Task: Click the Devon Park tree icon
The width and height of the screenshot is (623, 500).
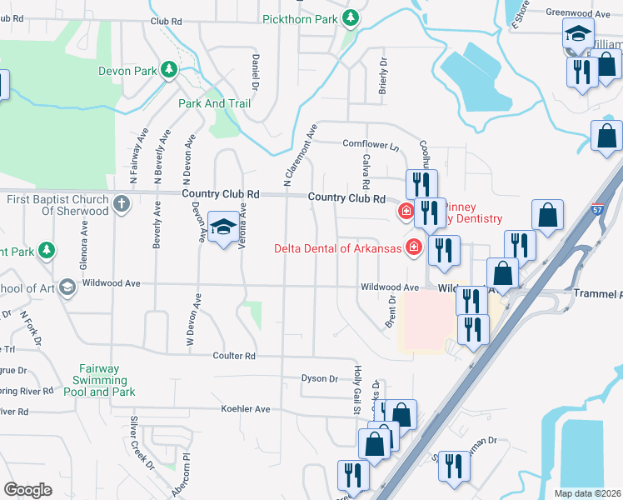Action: click(x=170, y=70)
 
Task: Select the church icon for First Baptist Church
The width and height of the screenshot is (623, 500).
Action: click(x=121, y=203)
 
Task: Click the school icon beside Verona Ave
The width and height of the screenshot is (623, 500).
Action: click(x=223, y=229)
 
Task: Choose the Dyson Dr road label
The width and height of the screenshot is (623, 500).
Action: click(x=320, y=378)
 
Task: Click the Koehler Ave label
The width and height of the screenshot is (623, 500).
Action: click(x=245, y=409)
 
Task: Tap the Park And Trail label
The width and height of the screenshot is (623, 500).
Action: click(x=214, y=103)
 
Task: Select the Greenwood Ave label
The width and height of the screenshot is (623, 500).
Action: click(x=579, y=13)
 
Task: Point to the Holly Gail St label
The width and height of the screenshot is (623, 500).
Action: click(x=356, y=391)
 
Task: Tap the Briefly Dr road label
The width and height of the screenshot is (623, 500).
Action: click(x=384, y=75)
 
